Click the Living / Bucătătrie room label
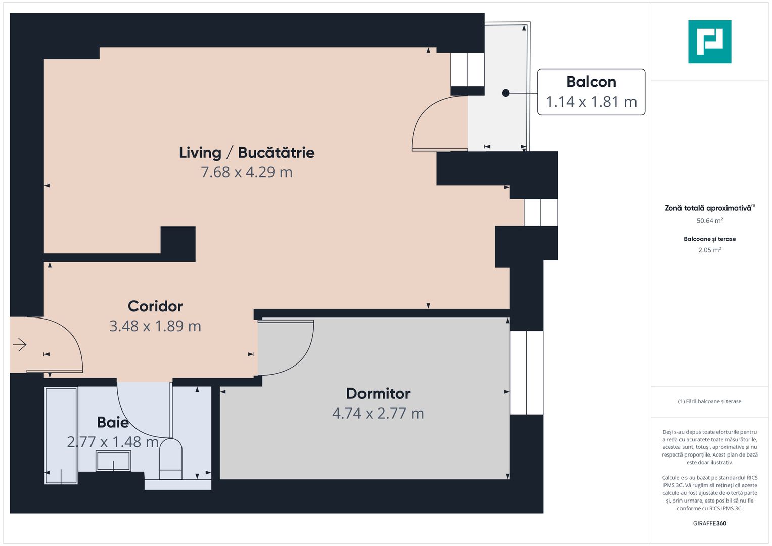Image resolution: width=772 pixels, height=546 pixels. click(247, 153)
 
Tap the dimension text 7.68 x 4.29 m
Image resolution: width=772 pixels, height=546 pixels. click(247, 172)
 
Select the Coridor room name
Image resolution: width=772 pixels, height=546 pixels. click(155, 306)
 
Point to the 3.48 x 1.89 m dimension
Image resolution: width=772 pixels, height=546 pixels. click(155, 326)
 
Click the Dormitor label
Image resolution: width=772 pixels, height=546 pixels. click(378, 394)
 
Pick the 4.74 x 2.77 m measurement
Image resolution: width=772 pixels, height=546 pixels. click(378, 414)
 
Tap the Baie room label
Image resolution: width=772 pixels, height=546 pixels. click(113, 422)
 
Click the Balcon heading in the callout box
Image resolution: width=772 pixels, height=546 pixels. click(591, 82)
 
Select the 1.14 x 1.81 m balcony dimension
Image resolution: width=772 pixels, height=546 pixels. click(591, 102)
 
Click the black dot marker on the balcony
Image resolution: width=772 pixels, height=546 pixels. click(505, 93)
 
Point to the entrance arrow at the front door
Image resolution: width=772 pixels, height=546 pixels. click(20, 345)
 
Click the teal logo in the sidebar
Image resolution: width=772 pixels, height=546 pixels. click(709, 41)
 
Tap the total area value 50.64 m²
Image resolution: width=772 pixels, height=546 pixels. click(709, 221)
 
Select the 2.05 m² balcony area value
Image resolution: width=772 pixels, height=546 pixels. click(709, 250)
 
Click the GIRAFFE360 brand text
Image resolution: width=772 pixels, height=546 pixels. click(709, 523)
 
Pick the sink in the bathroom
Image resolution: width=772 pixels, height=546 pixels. click(113, 461)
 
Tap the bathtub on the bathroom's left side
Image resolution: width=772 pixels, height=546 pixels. click(61, 435)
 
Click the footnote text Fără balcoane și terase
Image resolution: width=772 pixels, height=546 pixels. click(709, 401)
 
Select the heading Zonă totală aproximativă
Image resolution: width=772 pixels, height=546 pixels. click(708, 208)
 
